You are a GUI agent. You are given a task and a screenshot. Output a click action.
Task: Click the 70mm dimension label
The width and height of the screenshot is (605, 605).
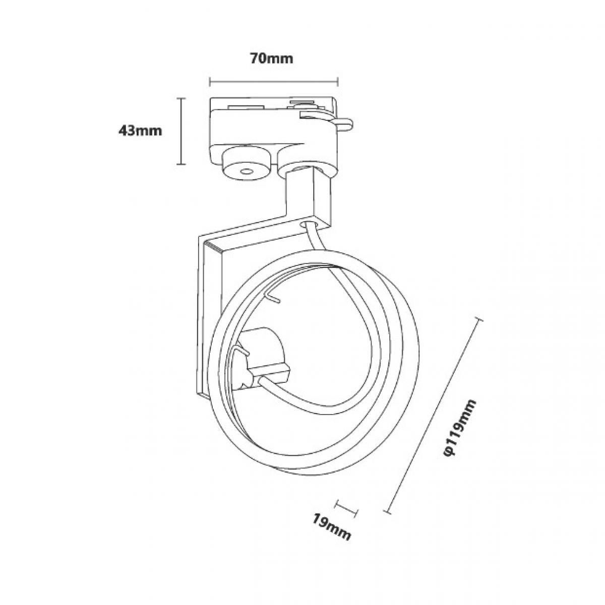pos(271,59)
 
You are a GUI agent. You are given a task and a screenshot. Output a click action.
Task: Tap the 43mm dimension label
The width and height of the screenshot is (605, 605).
pos(140,130)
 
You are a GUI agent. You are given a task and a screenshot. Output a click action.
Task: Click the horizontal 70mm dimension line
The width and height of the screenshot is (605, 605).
pos(273,82)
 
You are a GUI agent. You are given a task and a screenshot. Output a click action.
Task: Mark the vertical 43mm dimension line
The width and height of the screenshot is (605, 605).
pos(180,131)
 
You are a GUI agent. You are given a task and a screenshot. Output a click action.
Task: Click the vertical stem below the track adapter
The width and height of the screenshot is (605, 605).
pos(308,198)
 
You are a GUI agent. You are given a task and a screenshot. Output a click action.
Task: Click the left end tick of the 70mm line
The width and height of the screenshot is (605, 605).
pos(210,82)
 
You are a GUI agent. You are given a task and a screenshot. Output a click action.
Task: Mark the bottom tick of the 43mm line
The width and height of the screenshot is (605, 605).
pos(180,164)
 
